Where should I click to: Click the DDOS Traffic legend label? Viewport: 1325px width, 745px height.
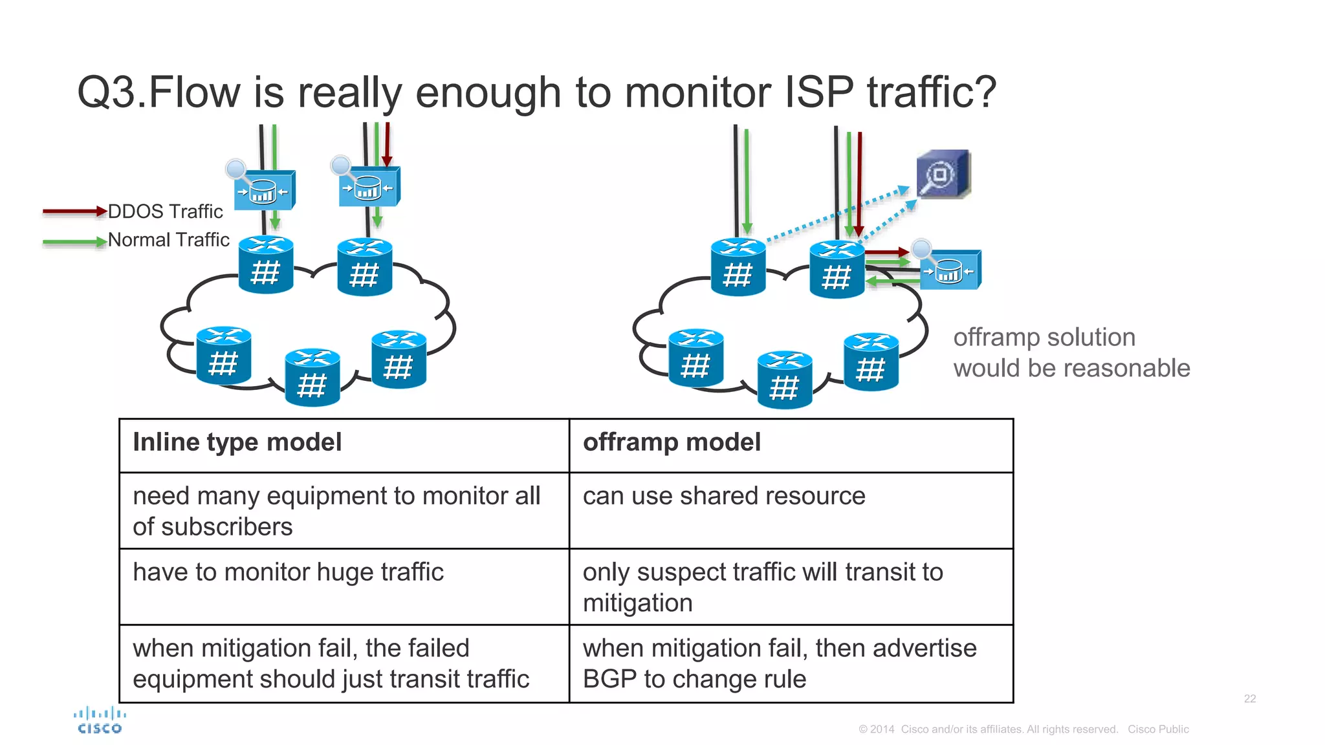coord(165,211)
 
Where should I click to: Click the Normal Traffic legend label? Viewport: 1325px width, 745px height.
coord(168,240)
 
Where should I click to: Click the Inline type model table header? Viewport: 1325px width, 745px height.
coord(237,442)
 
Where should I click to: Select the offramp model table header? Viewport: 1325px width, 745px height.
coord(672,442)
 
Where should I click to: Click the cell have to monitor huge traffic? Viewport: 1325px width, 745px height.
coord(288,572)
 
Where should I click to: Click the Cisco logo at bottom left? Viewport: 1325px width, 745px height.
coord(100,720)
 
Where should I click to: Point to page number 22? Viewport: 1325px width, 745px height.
coord(1249,698)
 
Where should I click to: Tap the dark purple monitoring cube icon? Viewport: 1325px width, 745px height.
coord(943,174)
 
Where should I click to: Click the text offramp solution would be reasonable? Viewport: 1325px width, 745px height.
coord(1071,352)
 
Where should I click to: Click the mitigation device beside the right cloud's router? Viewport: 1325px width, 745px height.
coord(950,270)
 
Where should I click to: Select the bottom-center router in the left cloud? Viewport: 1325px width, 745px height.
coord(312,378)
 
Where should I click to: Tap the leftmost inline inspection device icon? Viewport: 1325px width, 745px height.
coord(264,189)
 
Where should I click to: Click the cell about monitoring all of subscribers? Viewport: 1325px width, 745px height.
coord(336,511)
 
